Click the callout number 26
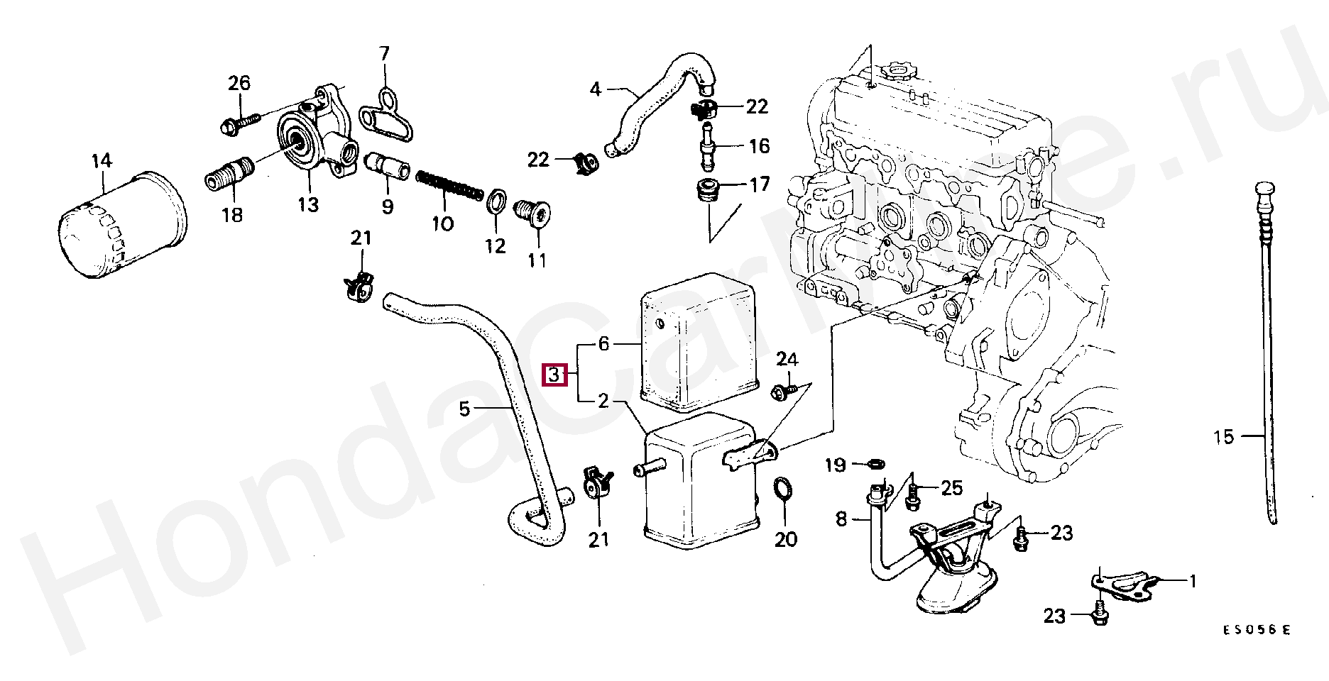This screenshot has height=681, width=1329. point(239,83)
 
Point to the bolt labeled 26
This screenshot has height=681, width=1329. point(235,125)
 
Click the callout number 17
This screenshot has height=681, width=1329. point(760,185)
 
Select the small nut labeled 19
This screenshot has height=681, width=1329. point(876,465)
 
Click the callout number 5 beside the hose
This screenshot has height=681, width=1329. point(464,409)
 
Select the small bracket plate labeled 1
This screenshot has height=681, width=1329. point(1123,587)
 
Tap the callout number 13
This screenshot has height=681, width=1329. point(307,205)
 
